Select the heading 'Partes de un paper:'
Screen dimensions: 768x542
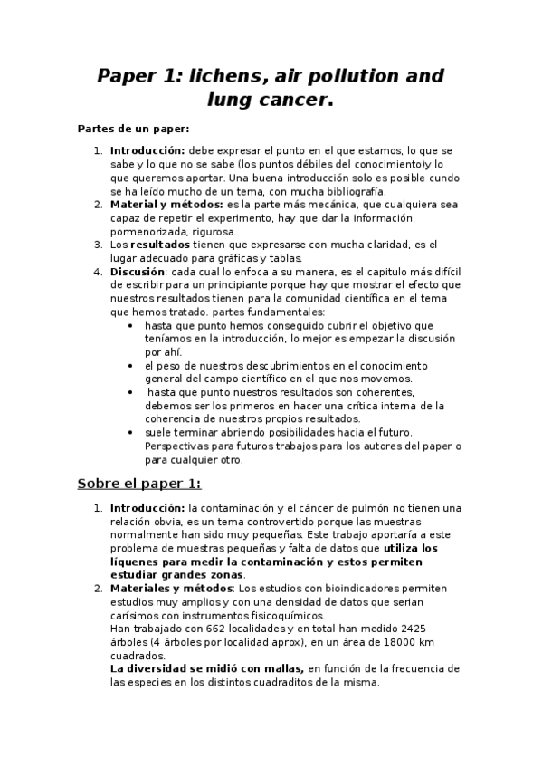pyautogui.click(x=133, y=129)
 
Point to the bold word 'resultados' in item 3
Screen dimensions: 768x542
pyautogui.click(x=160, y=245)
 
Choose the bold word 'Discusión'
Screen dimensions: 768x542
pyautogui.click(x=138, y=271)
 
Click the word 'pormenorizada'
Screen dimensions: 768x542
pyautogui.click(x=148, y=231)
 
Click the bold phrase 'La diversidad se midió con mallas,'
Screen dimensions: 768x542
pyautogui.click(x=206, y=668)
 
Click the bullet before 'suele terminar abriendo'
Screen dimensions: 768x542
pyautogui.click(x=132, y=432)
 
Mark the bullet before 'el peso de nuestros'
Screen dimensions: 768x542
pyautogui.click(x=132, y=365)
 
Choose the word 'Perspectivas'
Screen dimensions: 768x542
pyautogui.click(x=179, y=446)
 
